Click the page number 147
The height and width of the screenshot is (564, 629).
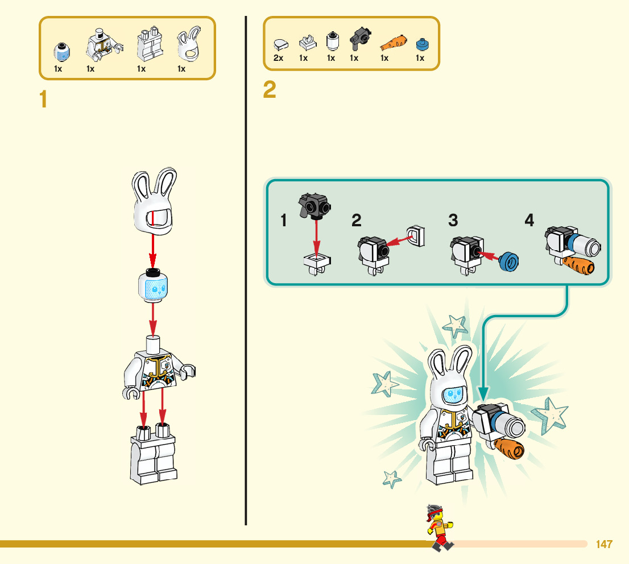pos(604,544)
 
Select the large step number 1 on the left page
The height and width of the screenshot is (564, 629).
pos(43,100)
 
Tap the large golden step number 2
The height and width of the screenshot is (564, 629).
pos(270,90)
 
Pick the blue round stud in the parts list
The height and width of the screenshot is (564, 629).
pos(421,43)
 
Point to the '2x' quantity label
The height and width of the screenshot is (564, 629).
pos(278,58)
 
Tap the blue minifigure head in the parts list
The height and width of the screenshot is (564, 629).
pos(61,52)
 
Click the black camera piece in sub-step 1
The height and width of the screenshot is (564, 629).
pos(314,205)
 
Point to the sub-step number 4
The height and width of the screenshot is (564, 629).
pos(529,220)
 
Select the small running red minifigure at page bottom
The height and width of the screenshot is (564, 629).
pos(438,526)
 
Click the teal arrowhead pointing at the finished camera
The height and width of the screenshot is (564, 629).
pos(482,392)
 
